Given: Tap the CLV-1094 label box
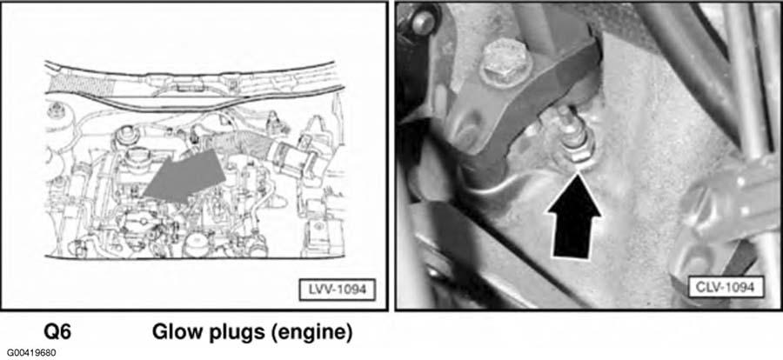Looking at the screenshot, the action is (x=726, y=288).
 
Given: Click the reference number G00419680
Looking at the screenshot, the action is (x=29, y=353).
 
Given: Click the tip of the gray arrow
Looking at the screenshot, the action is (x=143, y=196).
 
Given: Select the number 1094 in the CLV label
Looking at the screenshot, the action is (x=741, y=288).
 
